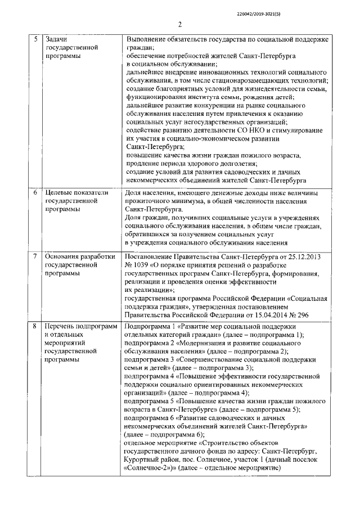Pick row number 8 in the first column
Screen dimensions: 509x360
click(x=34, y=326)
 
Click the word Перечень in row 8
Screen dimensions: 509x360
click(x=62, y=326)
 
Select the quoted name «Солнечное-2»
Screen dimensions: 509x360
click(x=151, y=469)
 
